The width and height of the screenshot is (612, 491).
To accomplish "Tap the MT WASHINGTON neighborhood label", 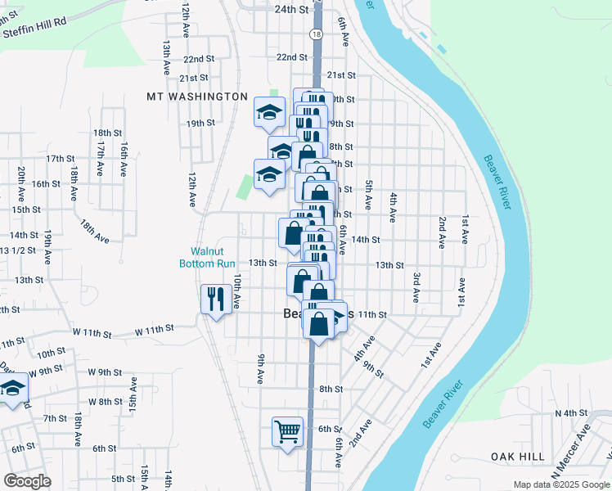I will pos(196,97).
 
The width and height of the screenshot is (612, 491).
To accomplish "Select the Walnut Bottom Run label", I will pos(208,257).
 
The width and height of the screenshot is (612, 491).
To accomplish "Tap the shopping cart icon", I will pos(287,430).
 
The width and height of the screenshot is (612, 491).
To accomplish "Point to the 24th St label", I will pos(291,10).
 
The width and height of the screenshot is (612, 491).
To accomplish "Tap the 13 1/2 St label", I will pos(17,250).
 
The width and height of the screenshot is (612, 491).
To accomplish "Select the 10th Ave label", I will pos(236,291).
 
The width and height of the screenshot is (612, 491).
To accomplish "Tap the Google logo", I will pos(27,481).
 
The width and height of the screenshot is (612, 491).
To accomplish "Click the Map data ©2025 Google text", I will pos(560,484).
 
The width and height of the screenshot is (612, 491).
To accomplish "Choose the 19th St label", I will pos(200,124).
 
